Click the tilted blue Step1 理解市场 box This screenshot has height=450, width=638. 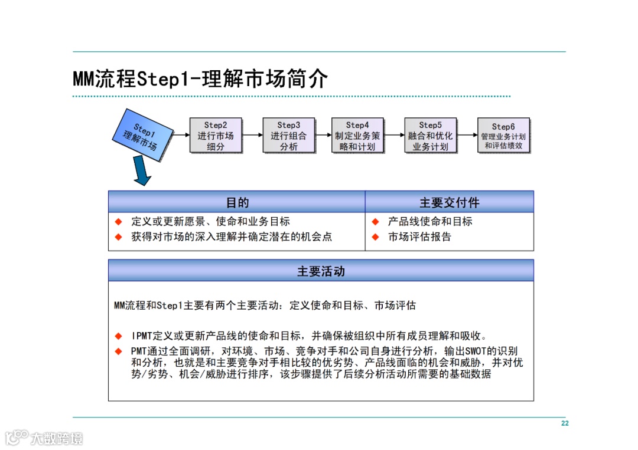coord(144,136)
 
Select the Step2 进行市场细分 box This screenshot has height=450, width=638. coord(216,135)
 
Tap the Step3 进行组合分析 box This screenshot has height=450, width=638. coord(288,135)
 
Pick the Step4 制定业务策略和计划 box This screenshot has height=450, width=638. coord(357,135)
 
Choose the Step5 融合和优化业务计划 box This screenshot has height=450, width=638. coord(430,135)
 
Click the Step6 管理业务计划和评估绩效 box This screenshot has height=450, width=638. coord(503,135)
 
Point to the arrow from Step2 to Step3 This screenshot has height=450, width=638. coord(252,135)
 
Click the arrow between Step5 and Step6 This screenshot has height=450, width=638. coord(467,135)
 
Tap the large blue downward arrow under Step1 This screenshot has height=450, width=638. coord(141,170)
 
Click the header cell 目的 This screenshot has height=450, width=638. coord(237,202)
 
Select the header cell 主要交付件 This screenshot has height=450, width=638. coord(449,202)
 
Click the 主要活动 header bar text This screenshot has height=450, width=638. coord(321,271)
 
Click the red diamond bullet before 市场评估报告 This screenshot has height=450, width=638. coord(375,237)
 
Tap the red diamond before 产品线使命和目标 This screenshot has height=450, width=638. coord(375,222)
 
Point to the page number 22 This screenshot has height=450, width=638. coord(565,423)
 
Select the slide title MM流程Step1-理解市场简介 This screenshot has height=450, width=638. coord(200,78)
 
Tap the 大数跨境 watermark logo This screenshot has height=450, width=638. coord(44,438)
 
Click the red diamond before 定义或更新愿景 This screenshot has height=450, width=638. coord(118,222)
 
